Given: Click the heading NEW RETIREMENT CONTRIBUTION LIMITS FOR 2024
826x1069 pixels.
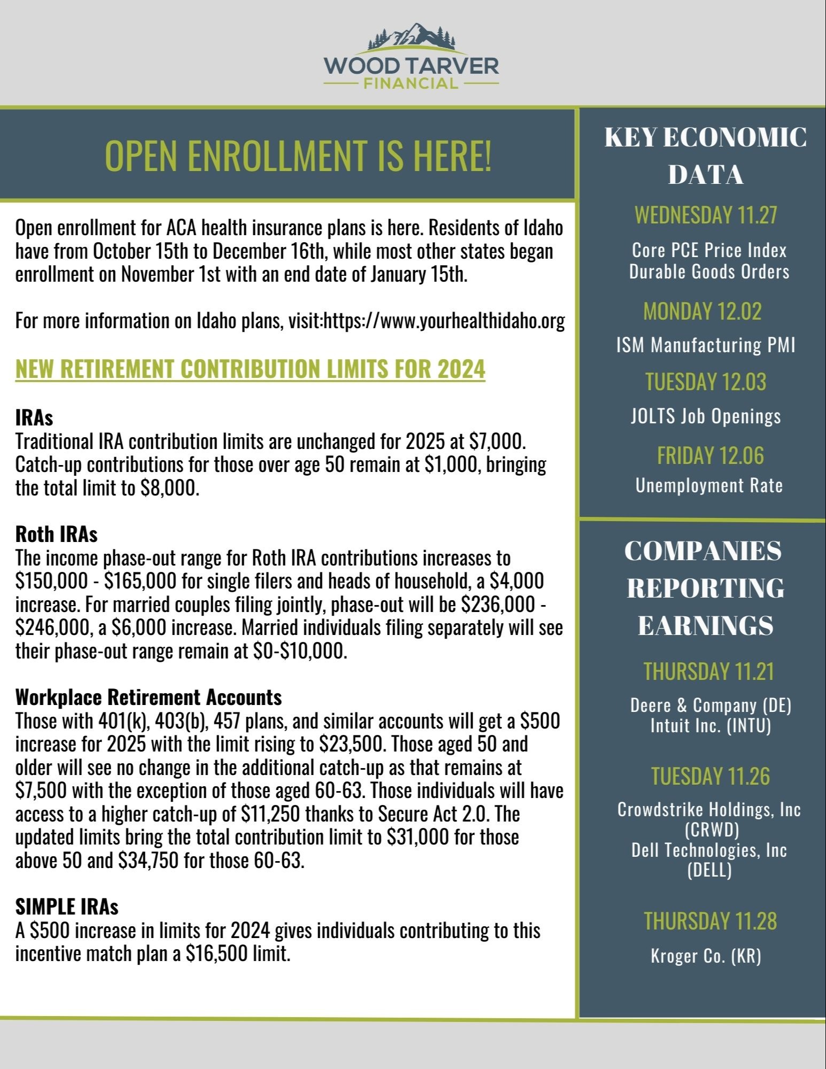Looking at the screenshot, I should (x=250, y=369).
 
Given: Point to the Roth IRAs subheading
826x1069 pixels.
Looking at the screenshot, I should (x=56, y=533).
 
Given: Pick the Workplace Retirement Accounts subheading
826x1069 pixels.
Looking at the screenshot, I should (x=148, y=696).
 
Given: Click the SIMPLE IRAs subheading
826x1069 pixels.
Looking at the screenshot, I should (x=67, y=907).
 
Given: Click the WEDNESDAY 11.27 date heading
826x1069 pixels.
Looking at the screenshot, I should (x=705, y=215).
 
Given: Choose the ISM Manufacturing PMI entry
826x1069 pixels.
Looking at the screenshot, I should (x=705, y=345).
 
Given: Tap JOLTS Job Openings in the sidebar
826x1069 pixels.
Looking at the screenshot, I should (x=705, y=416).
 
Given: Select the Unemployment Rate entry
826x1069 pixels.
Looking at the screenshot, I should (x=709, y=485).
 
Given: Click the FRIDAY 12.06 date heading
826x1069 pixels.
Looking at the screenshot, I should (x=710, y=455).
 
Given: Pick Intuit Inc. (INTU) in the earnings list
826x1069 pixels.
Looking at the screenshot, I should (x=711, y=726).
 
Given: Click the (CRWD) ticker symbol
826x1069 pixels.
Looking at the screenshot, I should (x=711, y=830).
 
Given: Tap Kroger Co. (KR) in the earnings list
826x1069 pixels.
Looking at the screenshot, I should (x=706, y=956).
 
